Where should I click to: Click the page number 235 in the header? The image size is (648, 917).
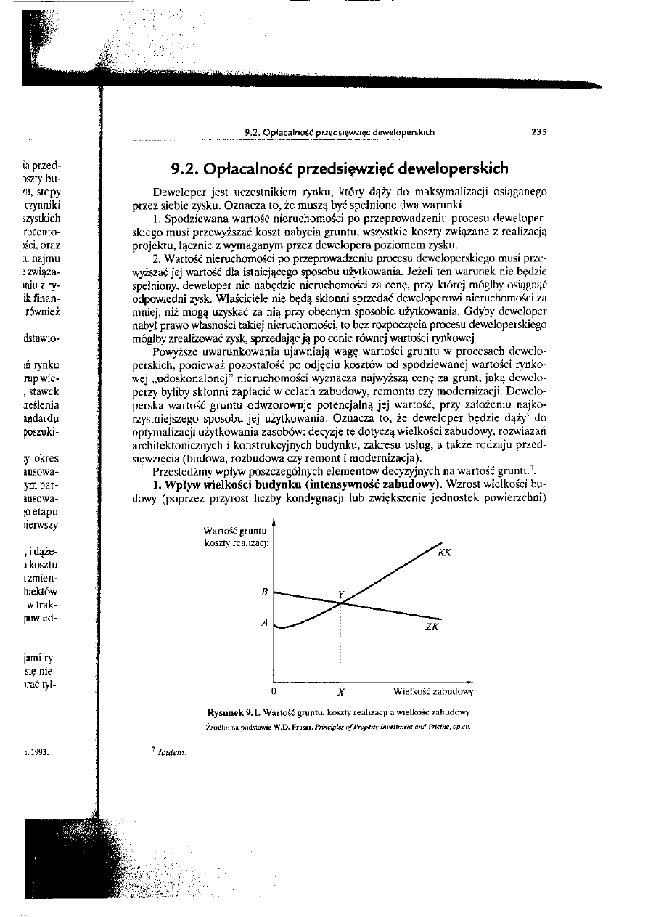(x=538, y=132)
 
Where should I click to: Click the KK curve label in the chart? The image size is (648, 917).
(x=445, y=553)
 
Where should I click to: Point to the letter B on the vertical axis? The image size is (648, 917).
(x=266, y=592)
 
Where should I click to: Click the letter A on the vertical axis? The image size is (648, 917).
(x=266, y=624)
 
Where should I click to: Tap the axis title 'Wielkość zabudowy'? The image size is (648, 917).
(x=433, y=692)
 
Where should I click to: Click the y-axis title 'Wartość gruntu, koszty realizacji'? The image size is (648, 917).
(x=237, y=538)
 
